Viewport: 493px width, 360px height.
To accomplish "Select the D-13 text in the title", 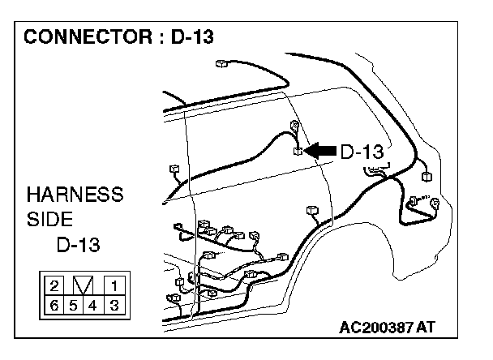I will (x=192, y=37).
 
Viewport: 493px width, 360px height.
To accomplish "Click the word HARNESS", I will (x=75, y=195).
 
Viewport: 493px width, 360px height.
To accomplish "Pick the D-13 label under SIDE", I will (x=79, y=245).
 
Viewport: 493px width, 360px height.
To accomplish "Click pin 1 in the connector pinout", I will (x=114, y=285).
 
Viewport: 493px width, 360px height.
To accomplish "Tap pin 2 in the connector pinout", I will (x=54, y=285).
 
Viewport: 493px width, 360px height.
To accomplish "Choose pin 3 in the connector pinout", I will (x=114, y=305).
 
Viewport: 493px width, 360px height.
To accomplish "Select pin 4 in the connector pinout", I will (x=94, y=305).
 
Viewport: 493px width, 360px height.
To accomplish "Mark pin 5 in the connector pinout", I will (x=74, y=305).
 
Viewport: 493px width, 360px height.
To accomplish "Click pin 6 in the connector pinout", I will (x=54, y=305).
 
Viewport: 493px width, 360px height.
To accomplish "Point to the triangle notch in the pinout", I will (x=84, y=285).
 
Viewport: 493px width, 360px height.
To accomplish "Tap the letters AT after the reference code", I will (x=427, y=328).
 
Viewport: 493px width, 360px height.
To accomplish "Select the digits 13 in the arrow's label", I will (x=371, y=151).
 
